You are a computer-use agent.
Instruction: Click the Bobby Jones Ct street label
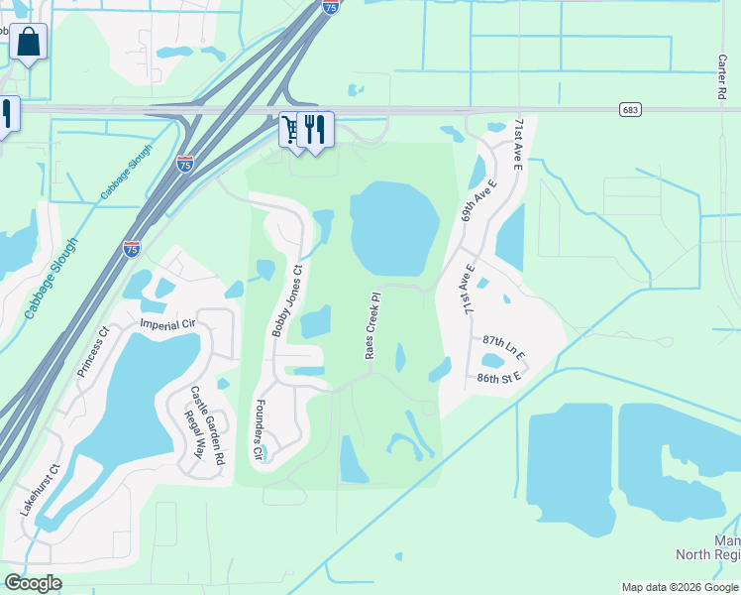(x=288, y=299)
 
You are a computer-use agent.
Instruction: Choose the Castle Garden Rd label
(x=208, y=425)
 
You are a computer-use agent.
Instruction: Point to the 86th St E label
(x=498, y=378)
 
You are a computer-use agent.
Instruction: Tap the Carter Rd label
(x=721, y=76)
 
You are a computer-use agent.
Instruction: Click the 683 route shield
(x=630, y=109)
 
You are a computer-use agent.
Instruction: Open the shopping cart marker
(x=291, y=128)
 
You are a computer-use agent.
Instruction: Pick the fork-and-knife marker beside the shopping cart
(x=314, y=128)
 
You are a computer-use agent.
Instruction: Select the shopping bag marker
(x=29, y=42)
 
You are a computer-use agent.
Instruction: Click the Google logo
(x=32, y=582)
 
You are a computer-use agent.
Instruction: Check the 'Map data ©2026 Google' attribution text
(x=680, y=587)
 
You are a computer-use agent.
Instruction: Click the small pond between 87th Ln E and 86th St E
(x=493, y=361)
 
